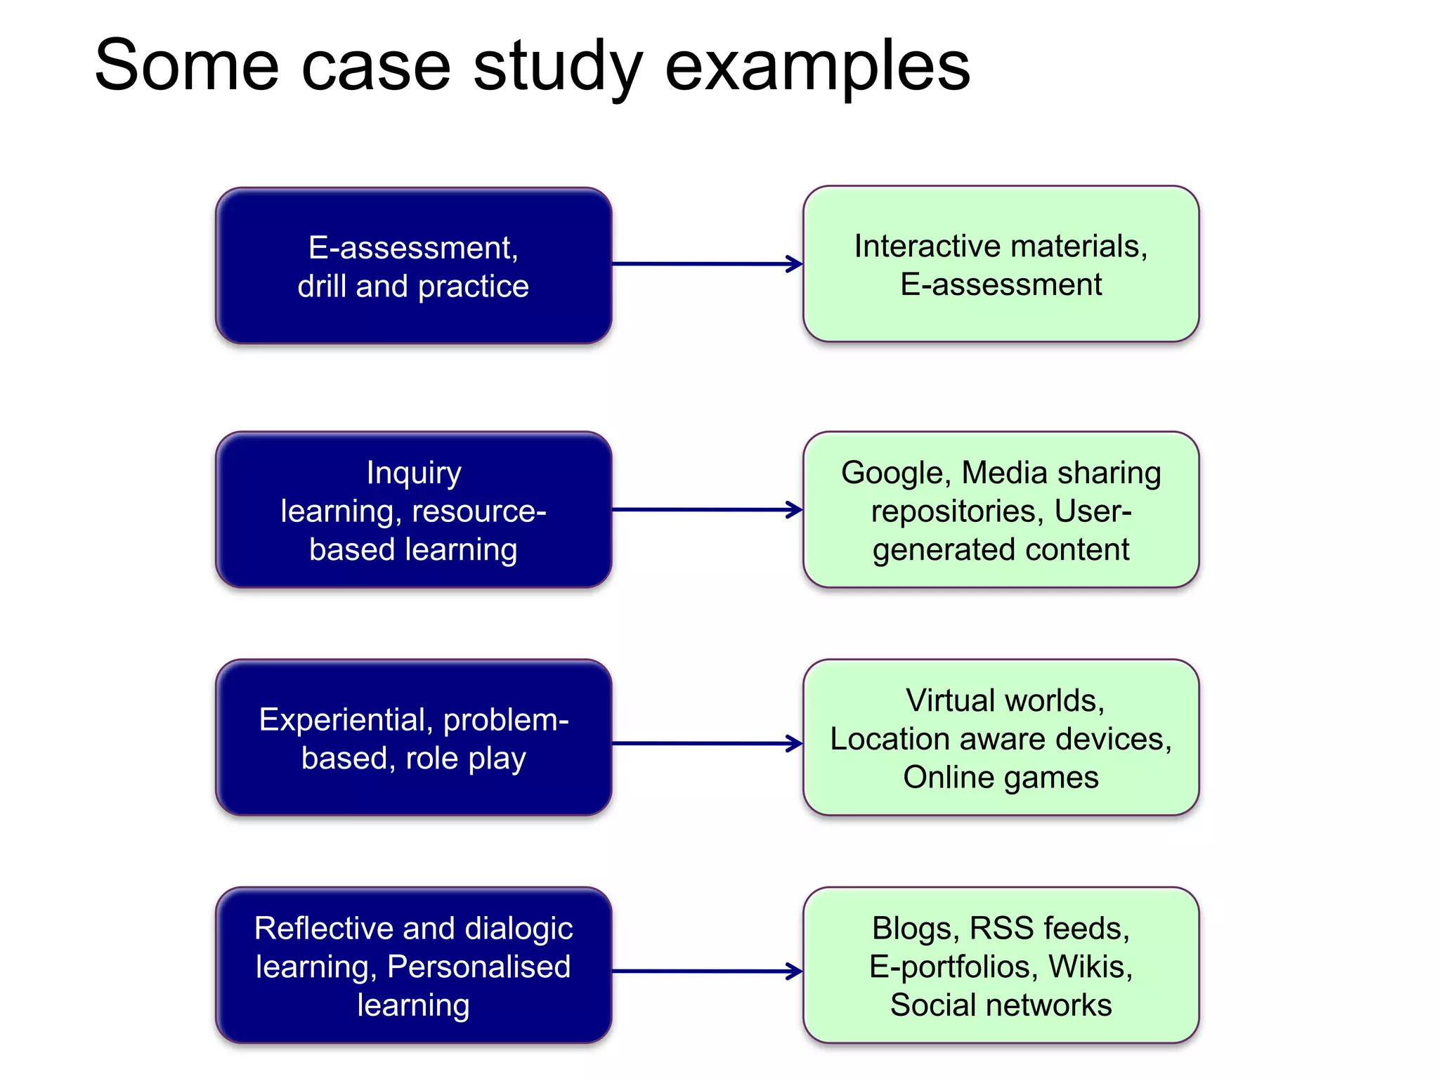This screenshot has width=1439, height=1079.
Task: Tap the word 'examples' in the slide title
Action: pyautogui.click(x=817, y=67)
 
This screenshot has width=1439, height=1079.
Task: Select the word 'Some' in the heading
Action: pyautogui.click(x=187, y=67)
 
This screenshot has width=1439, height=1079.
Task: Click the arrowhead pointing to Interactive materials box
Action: pyautogui.click(x=795, y=264)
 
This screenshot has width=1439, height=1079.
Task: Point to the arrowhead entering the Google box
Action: pyautogui.click(x=795, y=510)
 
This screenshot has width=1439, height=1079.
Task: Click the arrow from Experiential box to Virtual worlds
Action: pyautogui.click(x=706, y=743)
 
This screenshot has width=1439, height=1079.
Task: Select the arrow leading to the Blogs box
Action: pyautogui.click(x=706, y=972)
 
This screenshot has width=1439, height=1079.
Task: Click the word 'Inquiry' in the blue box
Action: pyautogui.click(x=414, y=473)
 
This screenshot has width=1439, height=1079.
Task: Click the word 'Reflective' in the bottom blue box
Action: pyautogui.click(x=319, y=929)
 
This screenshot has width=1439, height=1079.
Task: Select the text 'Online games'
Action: pyautogui.click(x=1001, y=778)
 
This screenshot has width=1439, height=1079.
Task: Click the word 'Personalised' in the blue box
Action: pyautogui.click(x=478, y=967)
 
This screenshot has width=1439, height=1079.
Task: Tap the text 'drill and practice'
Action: pyautogui.click(x=413, y=287)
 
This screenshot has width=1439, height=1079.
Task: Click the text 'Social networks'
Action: pyautogui.click(x=1001, y=1005)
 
